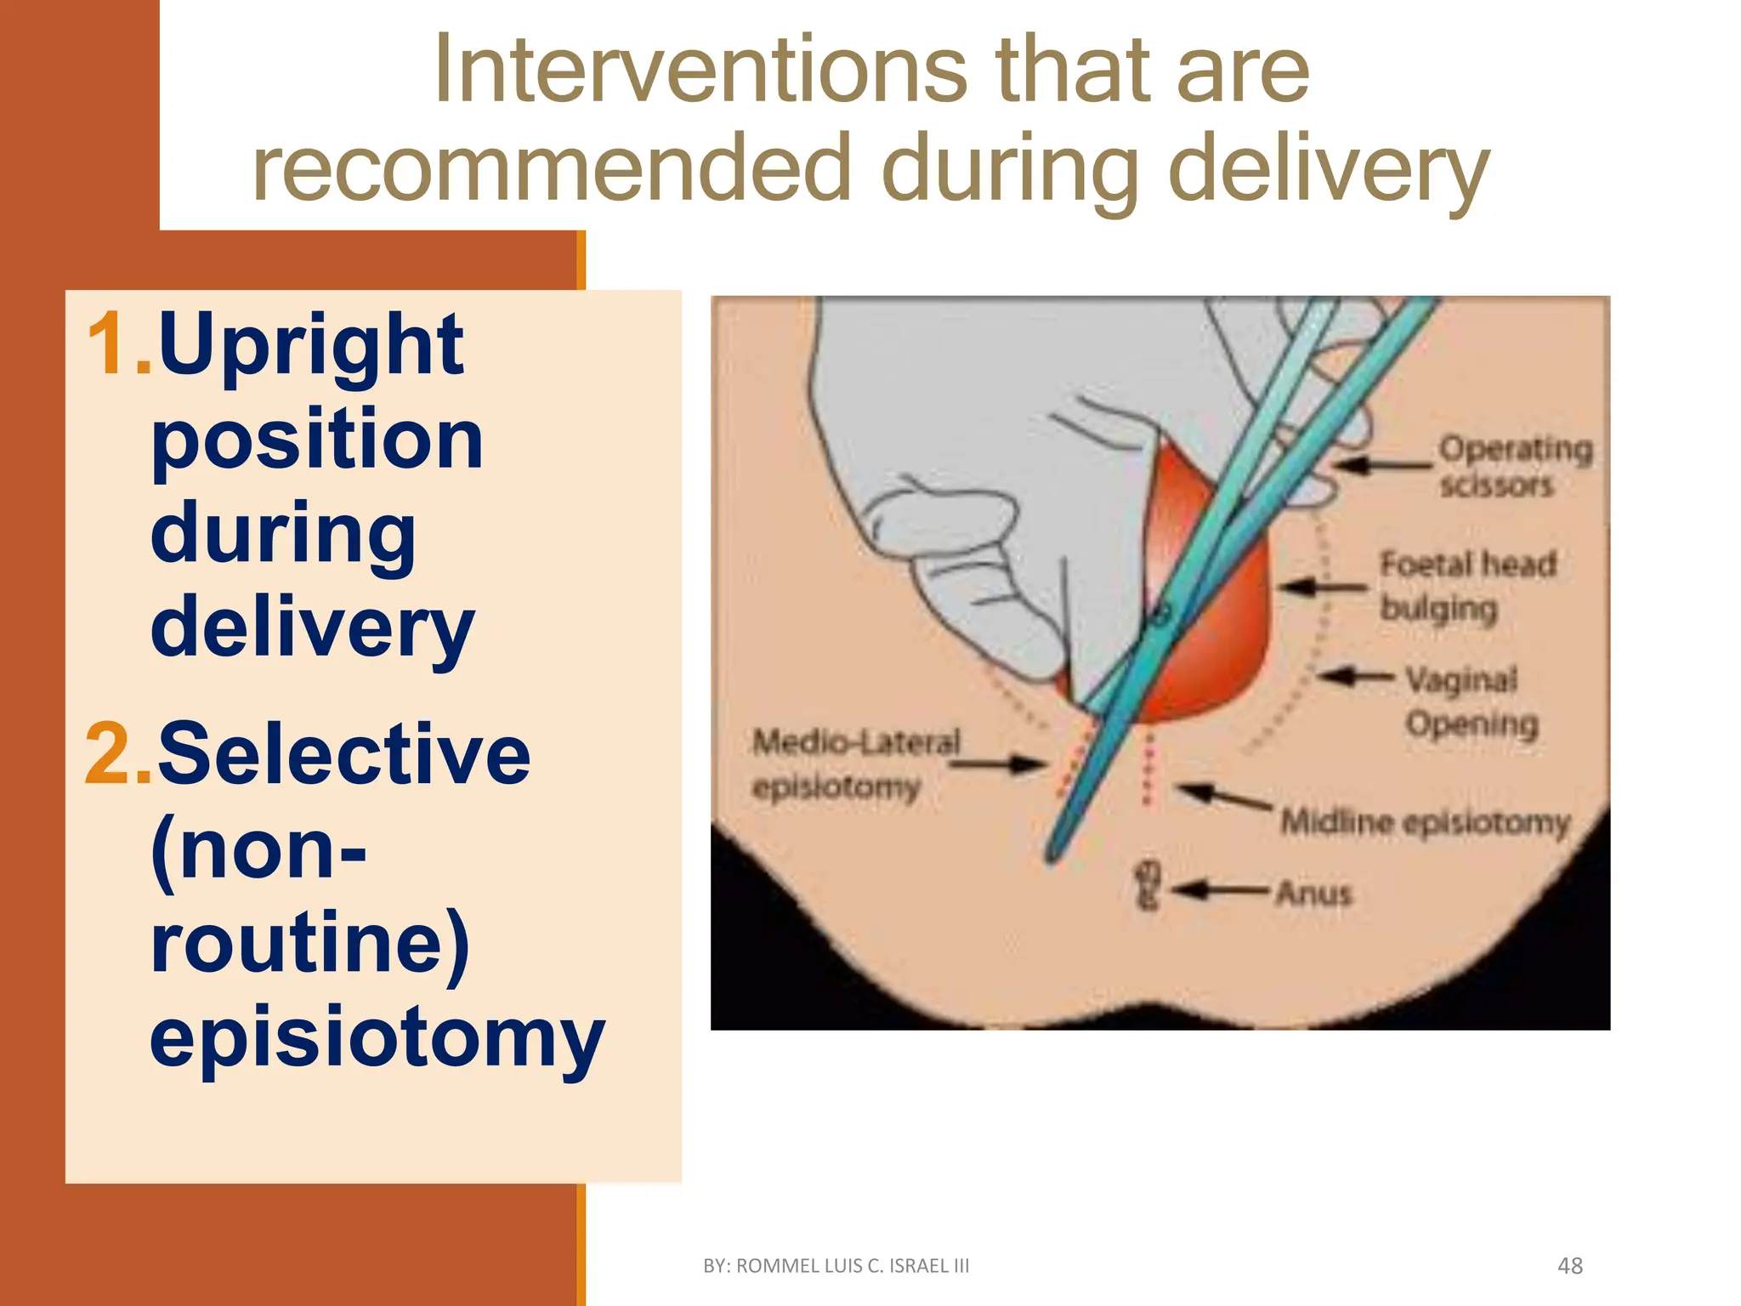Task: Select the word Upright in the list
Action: coord(311,344)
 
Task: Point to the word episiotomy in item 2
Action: coord(377,1037)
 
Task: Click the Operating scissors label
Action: coord(1513,466)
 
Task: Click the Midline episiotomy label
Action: coord(1425,822)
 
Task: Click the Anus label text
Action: coord(1313,894)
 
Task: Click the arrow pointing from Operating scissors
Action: coord(1381,465)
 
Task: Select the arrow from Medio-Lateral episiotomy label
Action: coord(1000,764)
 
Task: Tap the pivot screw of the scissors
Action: coord(1160,613)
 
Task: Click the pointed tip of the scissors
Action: coord(1052,854)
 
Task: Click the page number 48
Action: coord(1569,1266)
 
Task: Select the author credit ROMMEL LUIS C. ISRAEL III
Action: coord(836,1266)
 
